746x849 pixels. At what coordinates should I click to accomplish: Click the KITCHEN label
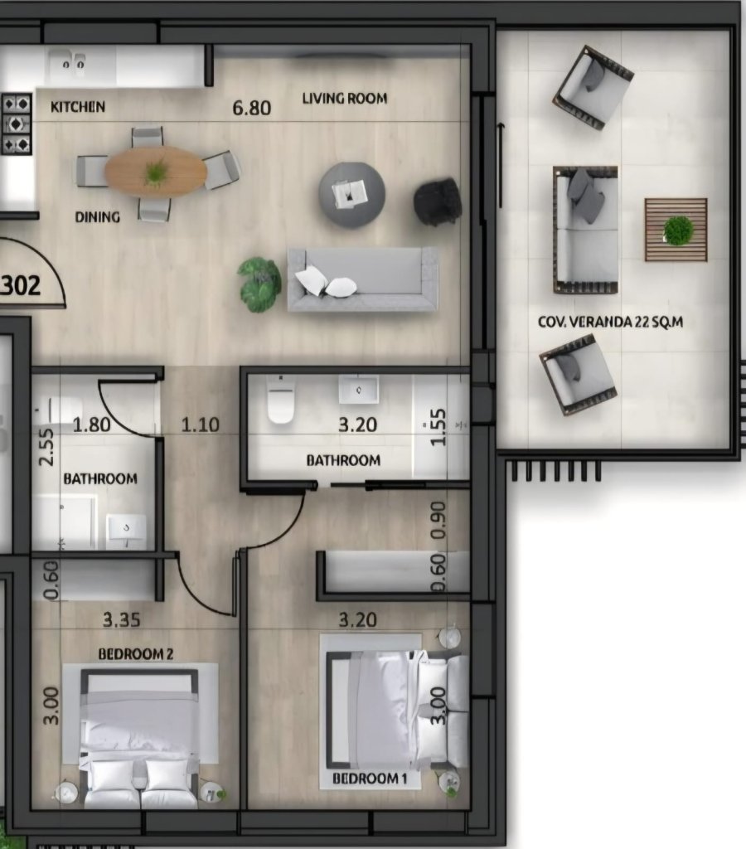pos(78,107)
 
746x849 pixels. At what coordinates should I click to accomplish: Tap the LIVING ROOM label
pos(345,99)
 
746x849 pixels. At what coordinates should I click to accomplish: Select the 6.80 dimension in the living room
pos(252,108)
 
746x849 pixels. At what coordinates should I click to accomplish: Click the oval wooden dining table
pos(156,171)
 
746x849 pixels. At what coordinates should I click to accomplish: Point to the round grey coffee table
pos(352,194)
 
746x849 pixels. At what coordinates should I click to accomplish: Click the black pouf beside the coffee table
pos(438,201)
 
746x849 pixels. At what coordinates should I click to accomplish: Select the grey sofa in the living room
pos(362,279)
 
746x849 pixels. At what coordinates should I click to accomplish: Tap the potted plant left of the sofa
pos(259,284)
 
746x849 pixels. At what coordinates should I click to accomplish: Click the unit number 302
pos(21,285)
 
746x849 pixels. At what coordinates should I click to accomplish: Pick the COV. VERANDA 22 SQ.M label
pos(611,322)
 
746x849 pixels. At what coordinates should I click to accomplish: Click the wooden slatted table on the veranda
pos(676,230)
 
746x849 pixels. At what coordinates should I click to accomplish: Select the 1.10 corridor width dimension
pos(201,424)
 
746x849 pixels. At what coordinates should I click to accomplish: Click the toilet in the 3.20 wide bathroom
pos(281,400)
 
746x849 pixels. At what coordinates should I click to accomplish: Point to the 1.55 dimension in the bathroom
pos(438,427)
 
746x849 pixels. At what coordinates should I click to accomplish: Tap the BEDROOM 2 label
pos(136,654)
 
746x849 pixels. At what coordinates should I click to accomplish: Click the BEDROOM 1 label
pos(370,779)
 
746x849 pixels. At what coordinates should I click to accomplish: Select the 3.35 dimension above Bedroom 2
pos(122,619)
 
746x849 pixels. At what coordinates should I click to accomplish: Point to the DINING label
pos(98,217)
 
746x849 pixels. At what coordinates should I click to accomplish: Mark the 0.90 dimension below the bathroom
pos(438,521)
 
